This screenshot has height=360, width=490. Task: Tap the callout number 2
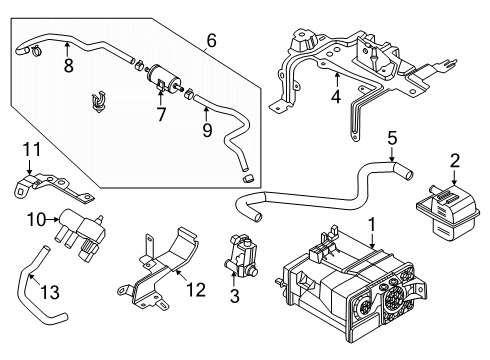coord(455,160)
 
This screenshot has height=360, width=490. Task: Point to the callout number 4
coord(337,98)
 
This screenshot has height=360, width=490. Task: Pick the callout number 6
coord(211,41)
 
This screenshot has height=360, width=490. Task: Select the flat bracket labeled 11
coord(50,187)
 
